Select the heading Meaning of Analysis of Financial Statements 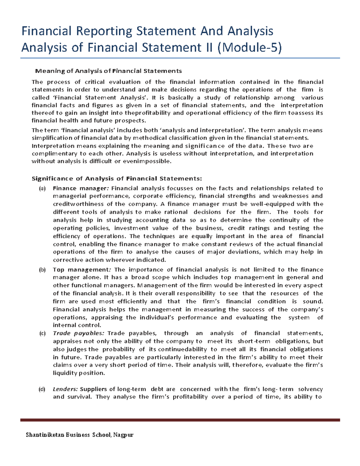pos(108,71)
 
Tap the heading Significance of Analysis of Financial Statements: pos(117,179)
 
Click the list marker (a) pos(42,188)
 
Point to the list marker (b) pos(42,270)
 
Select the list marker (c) pos(42,333)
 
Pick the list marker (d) pos(42,389)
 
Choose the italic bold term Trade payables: pos(78,333)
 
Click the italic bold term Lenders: pos(65,389)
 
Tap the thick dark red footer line pos(180,420)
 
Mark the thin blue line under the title pos(180,58)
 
